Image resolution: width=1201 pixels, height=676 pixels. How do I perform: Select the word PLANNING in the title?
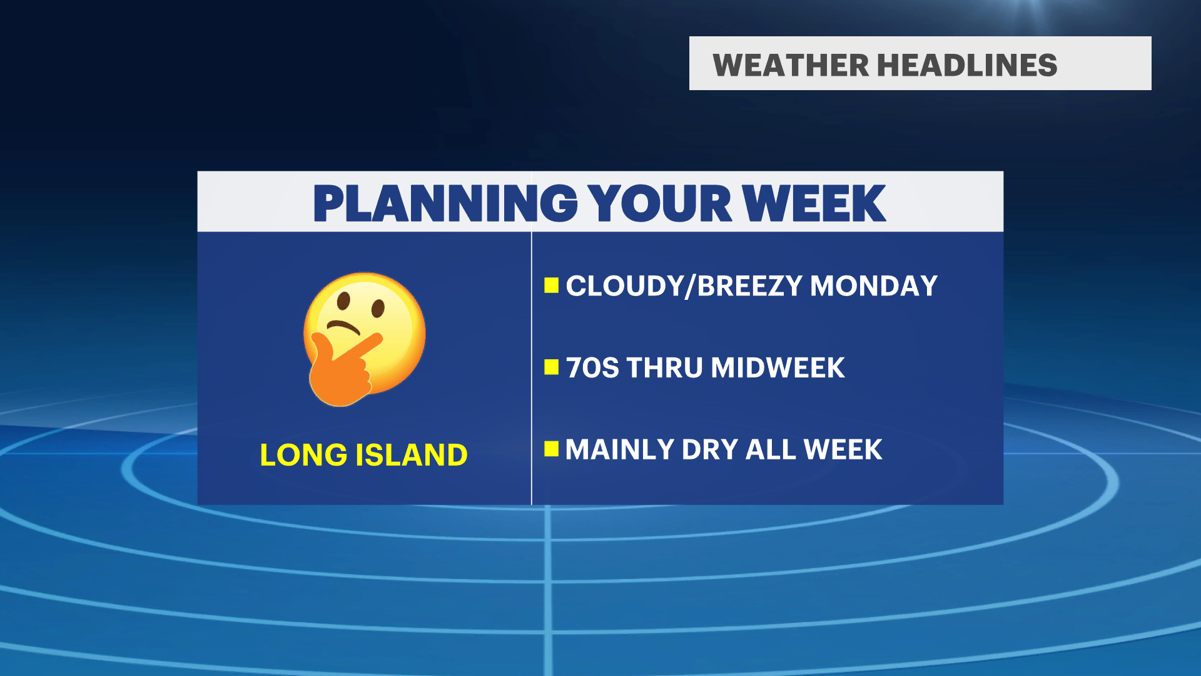pyautogui.click(x=445, y=203)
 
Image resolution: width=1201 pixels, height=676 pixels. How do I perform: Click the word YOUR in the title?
pyautogui.click(x=660, y=203)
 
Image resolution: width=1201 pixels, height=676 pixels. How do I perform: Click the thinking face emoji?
pyautogui.click(x=364, y=339)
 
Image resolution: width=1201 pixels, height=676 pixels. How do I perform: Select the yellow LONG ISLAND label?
pyautogui.click(x=363, y=454)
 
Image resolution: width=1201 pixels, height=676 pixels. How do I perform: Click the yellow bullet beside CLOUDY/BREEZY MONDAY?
pyautogui.click(x=551, y=285)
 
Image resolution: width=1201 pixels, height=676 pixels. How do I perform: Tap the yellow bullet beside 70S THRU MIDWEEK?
pyautogui.click(x=551, y=367)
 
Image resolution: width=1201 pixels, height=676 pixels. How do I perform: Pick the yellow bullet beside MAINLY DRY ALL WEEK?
pyautogui.click(x=551, y=449)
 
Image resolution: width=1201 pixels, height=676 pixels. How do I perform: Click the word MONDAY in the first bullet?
pyautogui.click(x=874, y=286)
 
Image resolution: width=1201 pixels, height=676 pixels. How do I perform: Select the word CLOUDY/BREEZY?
pyautogui.click(x=684, y=286)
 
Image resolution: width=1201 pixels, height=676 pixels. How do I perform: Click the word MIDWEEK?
pyautogui.click(x=778, y=367)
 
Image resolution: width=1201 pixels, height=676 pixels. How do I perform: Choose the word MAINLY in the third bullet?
pyautogui.click(x=620, y=449)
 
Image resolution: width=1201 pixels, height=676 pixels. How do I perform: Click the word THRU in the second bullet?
pyautogui.click(x=665, y=367)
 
